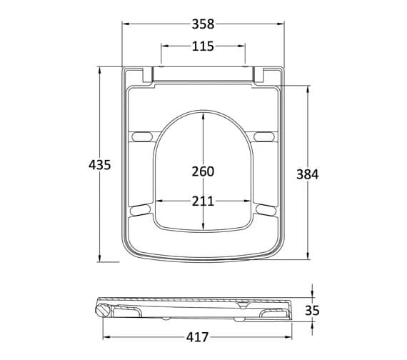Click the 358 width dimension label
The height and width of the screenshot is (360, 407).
point(203,24)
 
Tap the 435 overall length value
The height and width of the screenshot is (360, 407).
point(99,164)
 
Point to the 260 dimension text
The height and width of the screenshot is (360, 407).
point(203,171)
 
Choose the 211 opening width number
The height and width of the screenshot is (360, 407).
point(203,201)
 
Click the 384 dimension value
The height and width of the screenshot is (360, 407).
point(308,174)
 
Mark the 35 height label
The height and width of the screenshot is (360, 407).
point(312,310)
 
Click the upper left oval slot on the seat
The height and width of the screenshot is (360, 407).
point(143,136)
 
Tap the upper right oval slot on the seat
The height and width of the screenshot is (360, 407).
point(263,136)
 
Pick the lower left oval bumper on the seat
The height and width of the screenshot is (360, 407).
point(141,209)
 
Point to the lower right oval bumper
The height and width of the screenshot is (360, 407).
point(266,209)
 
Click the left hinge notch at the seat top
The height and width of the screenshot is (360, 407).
point(148,74)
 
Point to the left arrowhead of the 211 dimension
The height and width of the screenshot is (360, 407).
point(159,201)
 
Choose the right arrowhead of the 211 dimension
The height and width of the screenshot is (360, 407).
point(250,201)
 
